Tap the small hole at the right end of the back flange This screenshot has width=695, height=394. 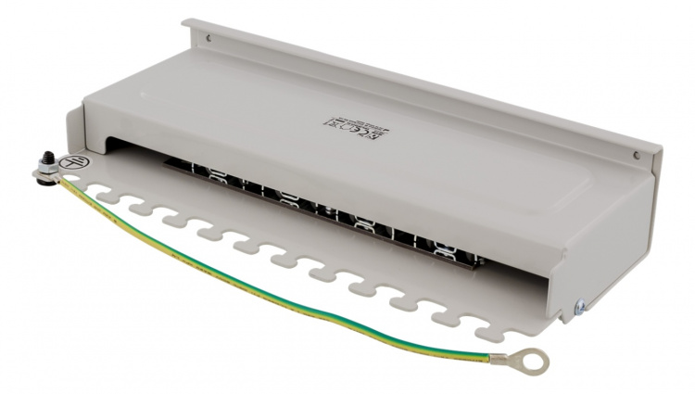pyautogui.click(x=637, y=154)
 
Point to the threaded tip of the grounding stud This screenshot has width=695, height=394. pyautogui.click(x=43, y=158)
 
